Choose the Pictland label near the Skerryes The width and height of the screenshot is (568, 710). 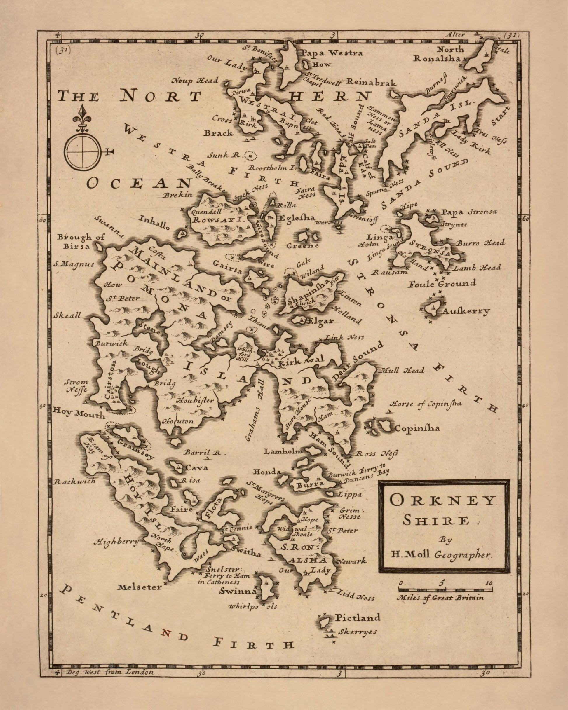pos(357,617)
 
